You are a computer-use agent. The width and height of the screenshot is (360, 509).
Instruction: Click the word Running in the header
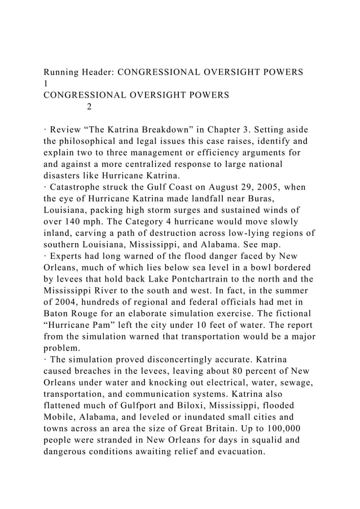[x=64, y=72]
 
